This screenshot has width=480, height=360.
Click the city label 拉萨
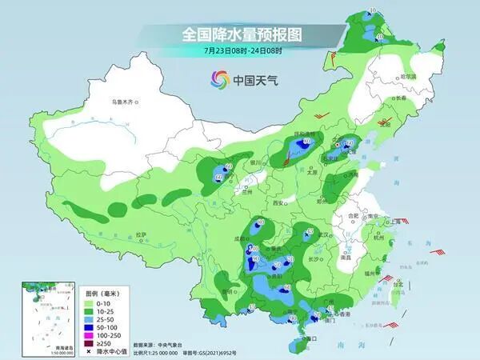[x=142, y=234]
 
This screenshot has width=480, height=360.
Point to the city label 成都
[x=243, y=238]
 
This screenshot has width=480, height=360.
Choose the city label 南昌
[x=346, y=258]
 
